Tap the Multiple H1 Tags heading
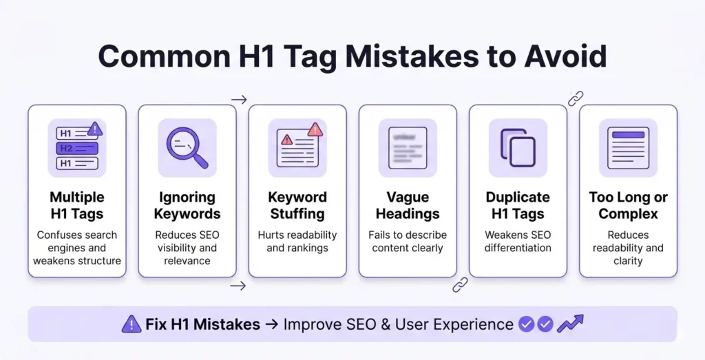(x=77, y=205)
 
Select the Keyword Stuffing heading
(x=297, y=205)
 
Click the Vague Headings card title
(x=408, y=205)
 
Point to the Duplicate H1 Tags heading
(x=518, y=205)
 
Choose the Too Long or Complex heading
(x=628, y=205)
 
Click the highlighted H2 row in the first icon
(x=77, y=148)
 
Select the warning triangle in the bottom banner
(x=131, y=324)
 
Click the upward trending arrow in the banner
(x=571, y=324)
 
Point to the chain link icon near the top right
(x=576, y=98)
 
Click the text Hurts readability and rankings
(x=297, y=241)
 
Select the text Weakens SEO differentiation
(x=518, y=241)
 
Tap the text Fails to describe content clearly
(x=408, y=241)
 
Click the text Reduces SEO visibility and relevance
(x=187, y=248)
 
